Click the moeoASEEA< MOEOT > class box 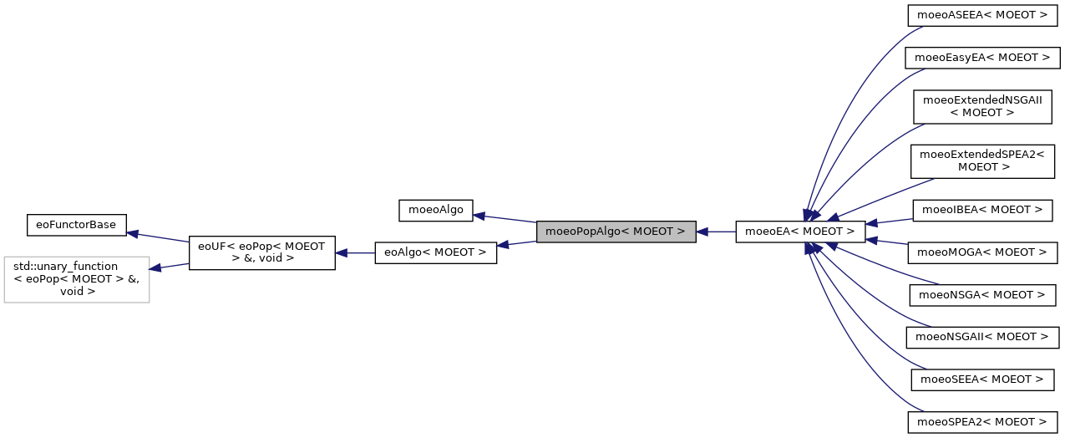pyautogui.click(x=982, y=15)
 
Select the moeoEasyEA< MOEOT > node pyautogui.click(x=982, y=58)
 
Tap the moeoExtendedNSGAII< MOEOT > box pyautogui.click(x=982, y=106)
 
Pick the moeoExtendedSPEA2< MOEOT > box pyautogui.click(x=982, y=160)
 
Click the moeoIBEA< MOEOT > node pyautogui.click(x=982, y=209)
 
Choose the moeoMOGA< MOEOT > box pyautogui.click(x=982, y=252)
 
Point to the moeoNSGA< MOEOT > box pyautogui.click(x=982, y=294)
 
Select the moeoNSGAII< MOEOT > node pyautogui.click(x=982, y=337)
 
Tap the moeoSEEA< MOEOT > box pyautogui.click(x=982, y=379)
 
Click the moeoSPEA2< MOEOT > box pyautogui.click(x=982, y=422)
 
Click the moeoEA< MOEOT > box pyautogui.click(x=799, y=232)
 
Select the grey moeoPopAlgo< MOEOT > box pyautogui.click(x=616, y=232)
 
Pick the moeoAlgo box pyautogui.click(x=436, y=209)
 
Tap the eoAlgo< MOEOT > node pyautogui.click(x=436, y=252)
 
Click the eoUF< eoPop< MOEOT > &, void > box pyautogui.click(x=262, y=252)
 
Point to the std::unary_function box pyautogui.click(x=77, y=279)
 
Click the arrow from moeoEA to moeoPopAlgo pyautogui.click(x=716, y=232)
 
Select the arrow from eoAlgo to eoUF pyautogui.click(x=355, y=252)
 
